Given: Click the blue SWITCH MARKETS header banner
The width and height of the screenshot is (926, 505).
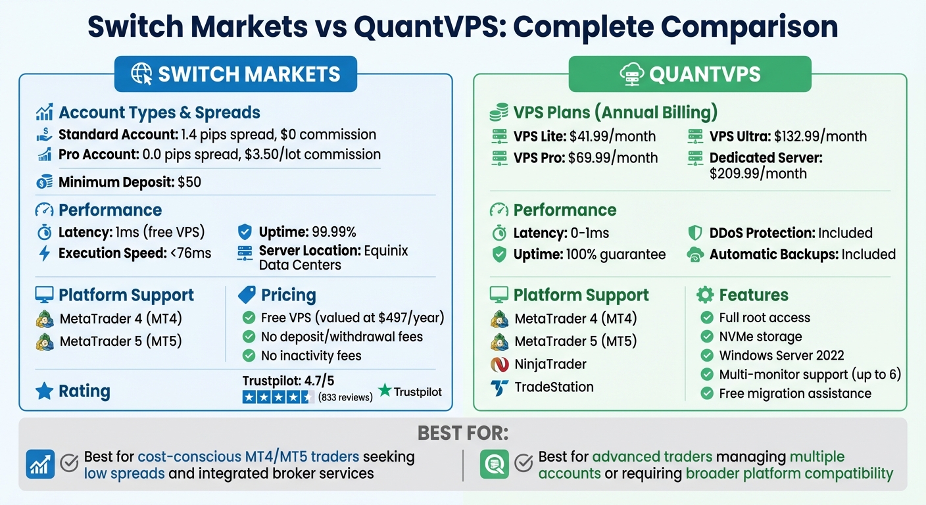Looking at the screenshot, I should point(235,74).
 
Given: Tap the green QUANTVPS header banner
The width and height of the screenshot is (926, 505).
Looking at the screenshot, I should point(689,74).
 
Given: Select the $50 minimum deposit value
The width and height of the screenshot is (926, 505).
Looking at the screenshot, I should point(189,182).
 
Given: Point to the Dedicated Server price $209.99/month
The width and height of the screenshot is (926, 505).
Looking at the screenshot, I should point(758,174).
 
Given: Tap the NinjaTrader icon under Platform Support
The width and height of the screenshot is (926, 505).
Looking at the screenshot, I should point(499,364).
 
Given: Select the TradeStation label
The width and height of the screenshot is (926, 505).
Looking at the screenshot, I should point(554,387).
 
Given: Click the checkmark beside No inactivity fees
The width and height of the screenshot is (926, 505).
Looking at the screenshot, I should point(249,356).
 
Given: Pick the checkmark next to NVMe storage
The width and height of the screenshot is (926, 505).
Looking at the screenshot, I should point(707,337).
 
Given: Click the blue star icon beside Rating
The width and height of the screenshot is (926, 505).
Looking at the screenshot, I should point(44,391).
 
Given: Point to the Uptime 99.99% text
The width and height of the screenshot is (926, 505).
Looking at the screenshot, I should point(307,232).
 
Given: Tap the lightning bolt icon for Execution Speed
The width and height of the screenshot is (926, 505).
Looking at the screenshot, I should point(45,253).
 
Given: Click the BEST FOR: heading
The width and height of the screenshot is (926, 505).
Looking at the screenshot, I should point(463,434).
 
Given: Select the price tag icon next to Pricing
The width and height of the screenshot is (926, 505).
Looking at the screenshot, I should point(247,294).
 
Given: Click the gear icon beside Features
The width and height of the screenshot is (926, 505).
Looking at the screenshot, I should point(704,295).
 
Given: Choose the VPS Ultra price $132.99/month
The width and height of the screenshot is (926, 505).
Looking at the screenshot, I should point(820,137).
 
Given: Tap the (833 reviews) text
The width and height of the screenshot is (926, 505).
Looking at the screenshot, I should point(345,397).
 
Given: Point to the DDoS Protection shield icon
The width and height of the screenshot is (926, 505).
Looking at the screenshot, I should point(695,233).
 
